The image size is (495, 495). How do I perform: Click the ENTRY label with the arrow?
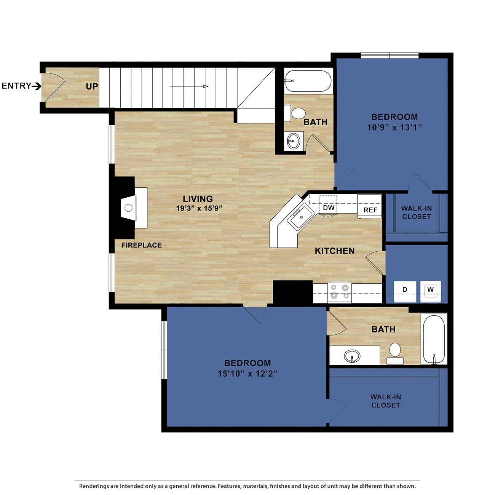coord(21,86)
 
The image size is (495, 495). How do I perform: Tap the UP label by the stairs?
coord(92,86)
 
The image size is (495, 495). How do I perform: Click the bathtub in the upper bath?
coord(308,81)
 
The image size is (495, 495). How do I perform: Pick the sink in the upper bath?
coord(293,141)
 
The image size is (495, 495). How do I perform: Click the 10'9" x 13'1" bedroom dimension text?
coord(394,128)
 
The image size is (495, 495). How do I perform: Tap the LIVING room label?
coord(198,199)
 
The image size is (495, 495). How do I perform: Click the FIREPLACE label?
coord(141,245)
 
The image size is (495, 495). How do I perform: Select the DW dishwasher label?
coord(329,208)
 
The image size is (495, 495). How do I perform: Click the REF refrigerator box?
coord(370,206)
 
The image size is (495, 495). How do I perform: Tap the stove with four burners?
coord(340,292)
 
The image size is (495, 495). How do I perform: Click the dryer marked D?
coord(405,290)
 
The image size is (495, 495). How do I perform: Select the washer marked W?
coord(431,290)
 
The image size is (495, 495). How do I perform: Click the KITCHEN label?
coord(335,251)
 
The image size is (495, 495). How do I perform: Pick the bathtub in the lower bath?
coord(434,339)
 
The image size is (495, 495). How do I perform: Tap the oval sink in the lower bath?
coord(352,356)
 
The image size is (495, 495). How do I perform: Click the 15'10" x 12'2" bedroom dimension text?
coord(247,374)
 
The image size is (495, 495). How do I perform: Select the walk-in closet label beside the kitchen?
coord(416,212)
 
